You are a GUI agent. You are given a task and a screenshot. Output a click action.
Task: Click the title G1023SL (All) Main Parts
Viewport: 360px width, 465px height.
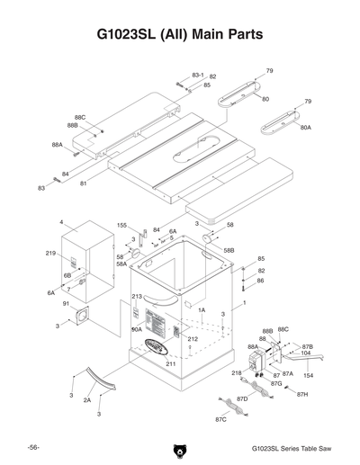pyautogui.click(x=180, y=34)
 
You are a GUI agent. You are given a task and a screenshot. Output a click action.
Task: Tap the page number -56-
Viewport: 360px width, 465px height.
pyautogui.click(x=32, y=447)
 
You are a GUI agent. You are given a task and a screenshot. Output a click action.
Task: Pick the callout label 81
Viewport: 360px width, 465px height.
pyautogui.click(x=84, y=183)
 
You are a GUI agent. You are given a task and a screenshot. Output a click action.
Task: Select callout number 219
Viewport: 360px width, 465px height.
pyautogui.click(x=51, y=255)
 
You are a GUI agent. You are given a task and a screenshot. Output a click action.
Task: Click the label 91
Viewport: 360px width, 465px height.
pyautogui.click(x=66, y=304)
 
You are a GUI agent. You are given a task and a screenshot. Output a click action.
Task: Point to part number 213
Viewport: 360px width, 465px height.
pyautogui.click(x=137, y=296)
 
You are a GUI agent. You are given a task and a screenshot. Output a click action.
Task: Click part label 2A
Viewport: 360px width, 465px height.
pyautogui.click(x=87, y=398)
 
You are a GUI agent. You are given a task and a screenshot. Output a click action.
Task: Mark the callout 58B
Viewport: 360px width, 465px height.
pyautogui.click(x=229, y=249)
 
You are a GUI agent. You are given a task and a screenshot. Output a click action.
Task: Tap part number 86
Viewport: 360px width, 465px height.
pyautogui.click(x=260, y=281)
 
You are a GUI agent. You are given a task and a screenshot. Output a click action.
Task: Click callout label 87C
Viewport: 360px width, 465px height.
pyautogui.click(x=221, y=418)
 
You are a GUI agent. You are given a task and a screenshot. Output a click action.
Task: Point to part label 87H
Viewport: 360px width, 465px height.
pyautogui.click(x=302, y=394)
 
